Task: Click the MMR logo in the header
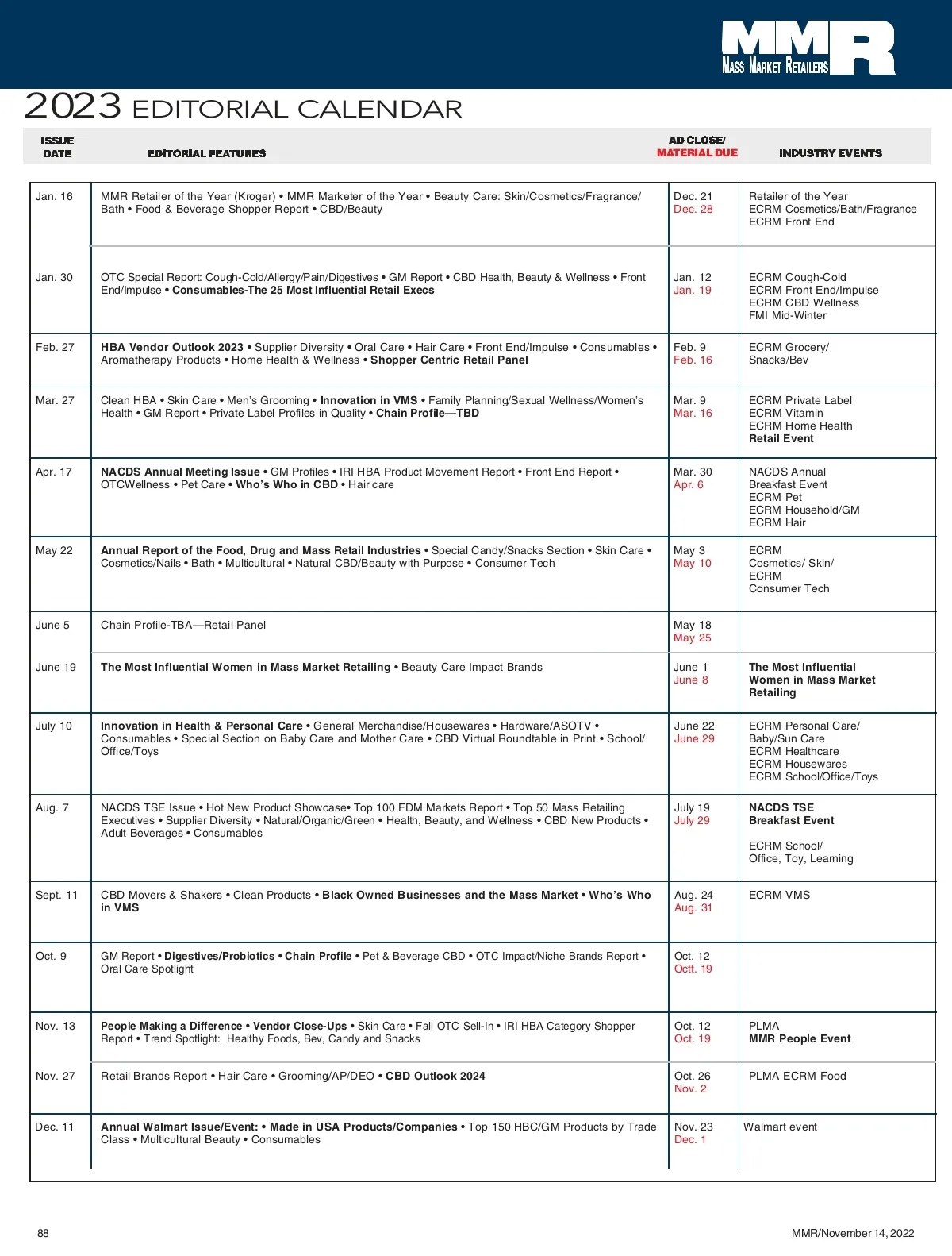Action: click(808, 48)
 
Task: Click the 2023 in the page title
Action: click(73, 106)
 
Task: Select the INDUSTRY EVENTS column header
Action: click(830, 153)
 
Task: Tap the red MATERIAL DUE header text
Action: click(697, 153)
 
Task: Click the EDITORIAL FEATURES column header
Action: click(207, 153)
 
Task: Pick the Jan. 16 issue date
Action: click(54, 197)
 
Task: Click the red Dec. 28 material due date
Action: click(693, 210)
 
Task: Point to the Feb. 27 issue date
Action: click(55, 348)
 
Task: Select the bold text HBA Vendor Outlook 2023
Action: click(172, 348)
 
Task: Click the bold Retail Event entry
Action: click(781, 439)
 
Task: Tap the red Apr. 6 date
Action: click(688, 485)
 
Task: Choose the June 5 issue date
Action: click(52, 626)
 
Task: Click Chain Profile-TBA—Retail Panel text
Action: click(183, 626)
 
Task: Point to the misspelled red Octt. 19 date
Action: click(693, 969)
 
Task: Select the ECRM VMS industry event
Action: click(779, 896)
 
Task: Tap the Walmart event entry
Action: click(780, 1127)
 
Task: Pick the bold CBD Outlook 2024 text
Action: click(436, 1077)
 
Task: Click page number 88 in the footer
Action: click(43, 1233)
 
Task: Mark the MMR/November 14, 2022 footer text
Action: click(852, 1233)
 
